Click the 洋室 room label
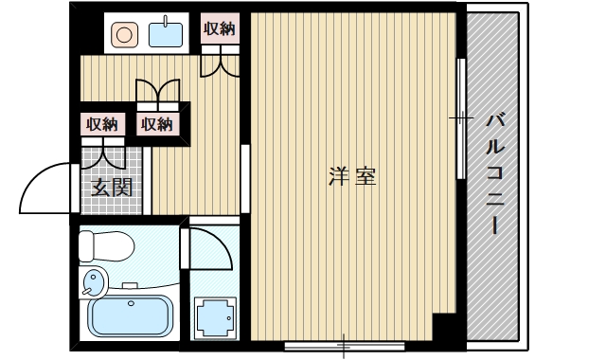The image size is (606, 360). click(x=352, y=176)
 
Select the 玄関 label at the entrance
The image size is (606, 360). click(x=111, y=187)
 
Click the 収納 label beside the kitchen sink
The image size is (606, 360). click(x=219, y=28)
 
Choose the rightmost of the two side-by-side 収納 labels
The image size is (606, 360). click(x=157, y=123)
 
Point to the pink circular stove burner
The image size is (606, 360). click(x=125, y=35)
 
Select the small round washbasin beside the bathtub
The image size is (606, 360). click(x=95, y=281)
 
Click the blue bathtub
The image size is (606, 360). click(x=131, y=316)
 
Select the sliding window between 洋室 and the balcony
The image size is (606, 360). click(x=461, y=118)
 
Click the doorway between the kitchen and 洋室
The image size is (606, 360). click(x=244, y=180)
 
